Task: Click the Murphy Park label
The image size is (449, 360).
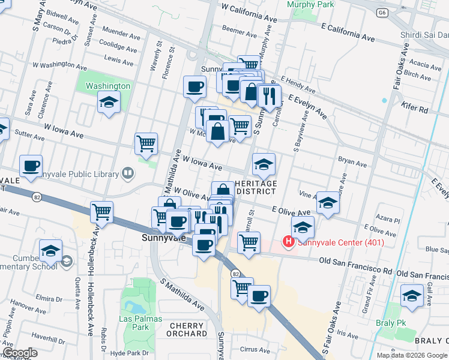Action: point(310,4)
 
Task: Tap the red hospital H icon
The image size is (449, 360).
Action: point(289,242)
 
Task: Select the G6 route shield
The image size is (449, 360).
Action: point(382,12)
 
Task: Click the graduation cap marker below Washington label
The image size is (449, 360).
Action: point(109,102)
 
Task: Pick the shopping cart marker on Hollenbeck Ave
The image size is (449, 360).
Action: point(102,212)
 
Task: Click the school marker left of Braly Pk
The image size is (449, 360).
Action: point(412,296)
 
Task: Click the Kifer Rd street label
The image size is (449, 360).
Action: point(415,110)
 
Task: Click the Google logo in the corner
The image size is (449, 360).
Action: point(20,353)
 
